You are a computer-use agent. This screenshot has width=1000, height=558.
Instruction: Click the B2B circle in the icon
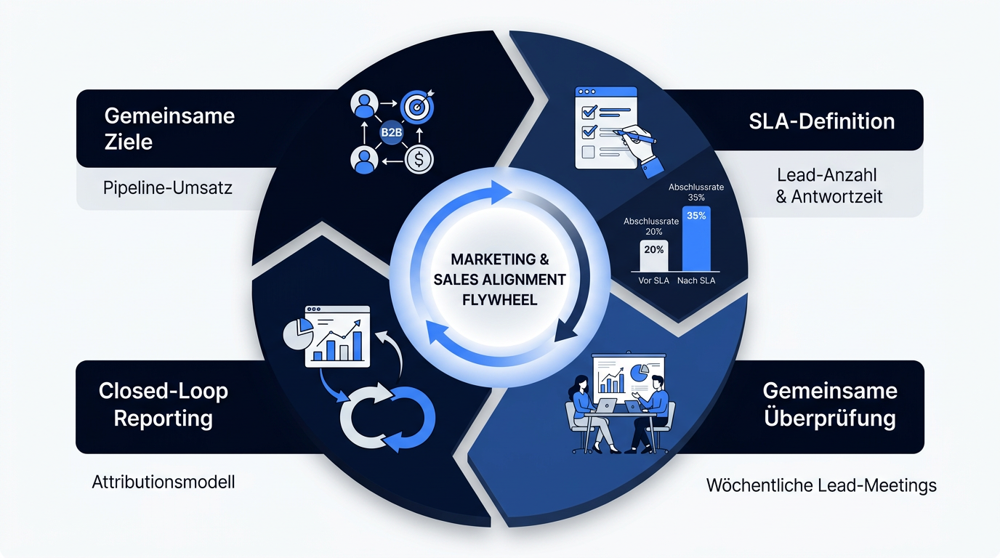391,132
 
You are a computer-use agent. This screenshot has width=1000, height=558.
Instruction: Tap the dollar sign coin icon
419,159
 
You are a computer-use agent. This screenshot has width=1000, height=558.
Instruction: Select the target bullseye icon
417,107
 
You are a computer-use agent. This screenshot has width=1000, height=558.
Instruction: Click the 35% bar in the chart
696,238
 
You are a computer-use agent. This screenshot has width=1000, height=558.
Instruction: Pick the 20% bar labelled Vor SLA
654,256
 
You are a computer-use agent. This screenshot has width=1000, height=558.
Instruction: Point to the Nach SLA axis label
696,280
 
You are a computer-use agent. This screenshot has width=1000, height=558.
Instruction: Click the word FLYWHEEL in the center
499,299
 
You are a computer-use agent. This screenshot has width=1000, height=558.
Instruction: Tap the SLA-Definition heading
821,121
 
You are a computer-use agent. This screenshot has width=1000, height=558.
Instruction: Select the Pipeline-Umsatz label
167,188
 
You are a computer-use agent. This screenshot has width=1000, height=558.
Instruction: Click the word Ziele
129,142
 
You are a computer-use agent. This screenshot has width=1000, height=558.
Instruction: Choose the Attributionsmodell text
164,482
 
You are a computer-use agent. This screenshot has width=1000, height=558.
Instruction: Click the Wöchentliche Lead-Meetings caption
821,485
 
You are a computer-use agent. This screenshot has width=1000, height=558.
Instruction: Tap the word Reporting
164,419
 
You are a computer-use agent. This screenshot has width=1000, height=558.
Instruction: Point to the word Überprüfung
829,418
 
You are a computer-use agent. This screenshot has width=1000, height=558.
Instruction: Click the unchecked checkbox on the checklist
588,152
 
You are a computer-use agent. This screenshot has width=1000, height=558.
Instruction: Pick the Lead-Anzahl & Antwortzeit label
828,186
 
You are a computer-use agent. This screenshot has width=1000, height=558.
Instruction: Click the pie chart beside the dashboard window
298,333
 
